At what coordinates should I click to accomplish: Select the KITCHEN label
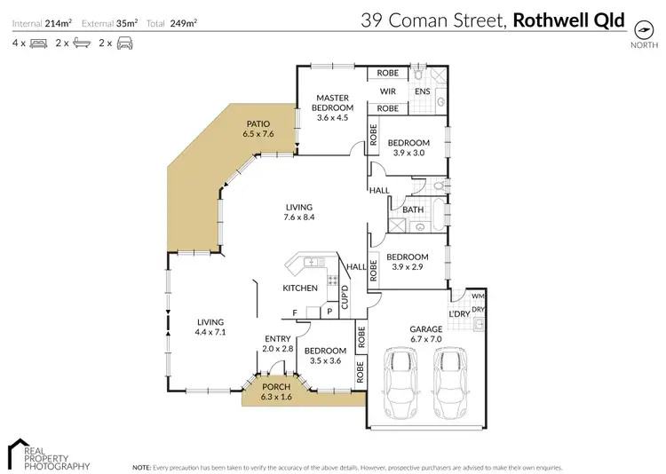tap(300, 288)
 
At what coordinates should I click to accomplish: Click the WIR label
tap(387, 91)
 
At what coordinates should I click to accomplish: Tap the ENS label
tap(423, 91)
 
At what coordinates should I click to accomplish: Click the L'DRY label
tap(459, 314)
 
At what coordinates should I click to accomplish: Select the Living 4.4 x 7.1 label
tap(210, 327)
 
